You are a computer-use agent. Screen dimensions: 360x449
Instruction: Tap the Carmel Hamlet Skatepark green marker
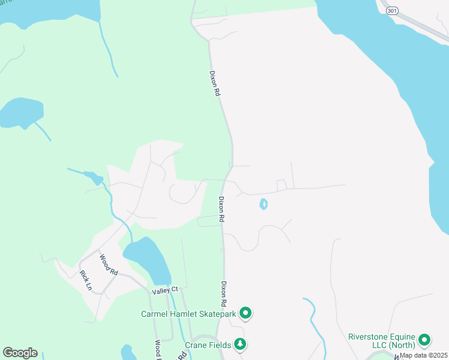(x=245, y=313)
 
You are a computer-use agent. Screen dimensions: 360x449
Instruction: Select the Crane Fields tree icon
(x=240, y=344)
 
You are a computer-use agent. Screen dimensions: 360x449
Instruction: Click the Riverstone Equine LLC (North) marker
(x=425, y=341)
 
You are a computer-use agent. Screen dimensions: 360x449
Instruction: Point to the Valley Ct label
(x=165, y=290)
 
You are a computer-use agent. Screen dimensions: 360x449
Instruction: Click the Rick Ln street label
(x=86, y=280)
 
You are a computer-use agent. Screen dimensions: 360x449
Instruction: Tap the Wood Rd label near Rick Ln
(x=109, y=264)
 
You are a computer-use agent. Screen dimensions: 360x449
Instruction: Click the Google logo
(x=20, y=353)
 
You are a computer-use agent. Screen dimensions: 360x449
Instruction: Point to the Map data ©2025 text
(x=423, y=355)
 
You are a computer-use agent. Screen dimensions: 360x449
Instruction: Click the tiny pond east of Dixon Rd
(x=263, y=205)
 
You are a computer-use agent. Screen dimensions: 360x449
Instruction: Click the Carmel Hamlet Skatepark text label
(x=188, y=313)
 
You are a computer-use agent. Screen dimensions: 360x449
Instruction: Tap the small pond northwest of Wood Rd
(x=94, y=178)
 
